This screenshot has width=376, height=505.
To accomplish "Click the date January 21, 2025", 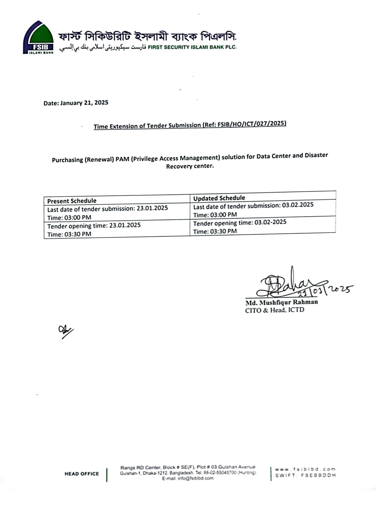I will [x=84, y=103].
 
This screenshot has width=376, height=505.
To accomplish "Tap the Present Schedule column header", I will [x=72, y=201].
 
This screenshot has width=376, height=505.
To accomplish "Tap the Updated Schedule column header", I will [x=219, y=198].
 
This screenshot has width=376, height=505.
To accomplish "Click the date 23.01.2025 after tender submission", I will [x=152, y=208].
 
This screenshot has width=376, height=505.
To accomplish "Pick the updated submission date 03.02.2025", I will [x=298, y=205].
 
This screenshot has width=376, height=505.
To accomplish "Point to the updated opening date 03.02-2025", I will [x=270, y=222].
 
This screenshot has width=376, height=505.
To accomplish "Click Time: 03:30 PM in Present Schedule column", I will [x=69, y=234].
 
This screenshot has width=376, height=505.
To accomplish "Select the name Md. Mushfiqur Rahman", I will [x=282, y=302].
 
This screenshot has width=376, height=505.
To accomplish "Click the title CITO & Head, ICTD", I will [x=275, y=310].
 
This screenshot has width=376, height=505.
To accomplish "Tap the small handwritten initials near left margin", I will [x=65, y=331].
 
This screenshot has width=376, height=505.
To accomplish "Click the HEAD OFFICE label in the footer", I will [x=82, y=474].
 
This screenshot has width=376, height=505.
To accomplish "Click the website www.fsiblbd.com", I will [x=305, y=469].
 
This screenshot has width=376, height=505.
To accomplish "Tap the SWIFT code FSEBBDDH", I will [x=318, y=475].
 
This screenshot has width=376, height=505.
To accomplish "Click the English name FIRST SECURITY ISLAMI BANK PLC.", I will [x=192, y=47].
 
